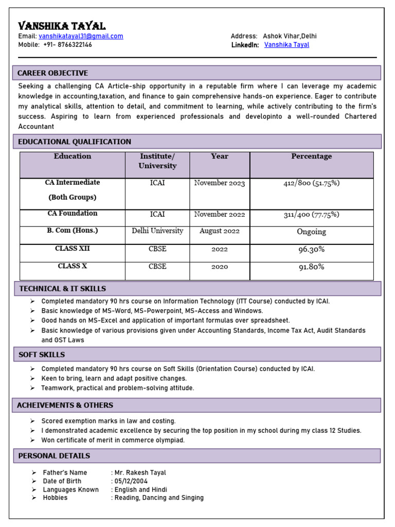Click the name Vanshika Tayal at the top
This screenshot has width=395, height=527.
pos(62,26)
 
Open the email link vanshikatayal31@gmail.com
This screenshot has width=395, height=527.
pos(81,36)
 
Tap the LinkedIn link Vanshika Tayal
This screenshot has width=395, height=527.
pos(286,45)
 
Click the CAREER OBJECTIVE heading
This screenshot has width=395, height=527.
pos(53,73)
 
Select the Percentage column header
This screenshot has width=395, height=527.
pos(311,156)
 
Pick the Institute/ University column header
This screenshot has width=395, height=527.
pos(157,161)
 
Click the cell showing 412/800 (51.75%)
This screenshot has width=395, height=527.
pos(311,183)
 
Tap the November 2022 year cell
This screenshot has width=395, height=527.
pos(220,214)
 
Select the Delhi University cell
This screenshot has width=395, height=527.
pos(157,231)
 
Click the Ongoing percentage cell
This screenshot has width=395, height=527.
pos(311,232)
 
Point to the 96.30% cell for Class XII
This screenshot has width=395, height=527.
pos(311,250)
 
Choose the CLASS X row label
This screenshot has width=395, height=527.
pos(73,266)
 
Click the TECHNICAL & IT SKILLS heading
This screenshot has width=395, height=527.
pos(62,289)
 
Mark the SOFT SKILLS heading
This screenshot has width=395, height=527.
pos(42,355)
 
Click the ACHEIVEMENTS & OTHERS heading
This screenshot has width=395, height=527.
pos(65,405)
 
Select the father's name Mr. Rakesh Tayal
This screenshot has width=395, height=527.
pos(140,472)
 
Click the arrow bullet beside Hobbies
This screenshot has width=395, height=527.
pos(33,498)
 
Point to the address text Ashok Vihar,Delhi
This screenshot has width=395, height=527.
pos(290,36)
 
